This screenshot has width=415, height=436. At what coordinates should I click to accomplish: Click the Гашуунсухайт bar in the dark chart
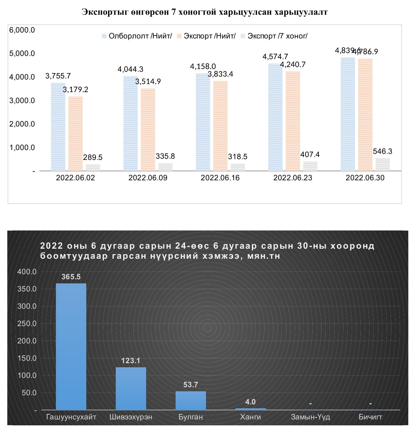71,347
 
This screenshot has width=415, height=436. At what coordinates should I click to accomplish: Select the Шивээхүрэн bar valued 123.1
131,389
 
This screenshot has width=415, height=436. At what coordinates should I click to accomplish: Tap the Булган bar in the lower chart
190,400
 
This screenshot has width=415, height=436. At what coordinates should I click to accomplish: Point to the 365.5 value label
71,277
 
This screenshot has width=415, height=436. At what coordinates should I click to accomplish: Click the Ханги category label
250,417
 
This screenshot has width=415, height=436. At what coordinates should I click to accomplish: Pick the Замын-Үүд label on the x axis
310,417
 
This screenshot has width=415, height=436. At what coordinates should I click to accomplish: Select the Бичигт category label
370,417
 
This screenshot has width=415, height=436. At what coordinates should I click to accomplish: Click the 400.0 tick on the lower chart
27,272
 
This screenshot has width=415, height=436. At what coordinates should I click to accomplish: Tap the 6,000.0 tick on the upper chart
22,30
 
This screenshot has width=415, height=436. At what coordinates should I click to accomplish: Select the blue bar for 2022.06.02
58,126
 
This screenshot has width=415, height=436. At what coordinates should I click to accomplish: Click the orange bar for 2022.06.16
220,126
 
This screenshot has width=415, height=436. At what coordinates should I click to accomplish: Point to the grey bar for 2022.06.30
382,164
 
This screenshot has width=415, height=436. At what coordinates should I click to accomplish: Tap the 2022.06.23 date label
293,178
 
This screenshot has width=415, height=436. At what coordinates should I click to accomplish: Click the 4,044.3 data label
130,69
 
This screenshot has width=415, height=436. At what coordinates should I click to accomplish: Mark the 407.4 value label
310,154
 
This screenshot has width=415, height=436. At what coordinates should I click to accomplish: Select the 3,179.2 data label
75,89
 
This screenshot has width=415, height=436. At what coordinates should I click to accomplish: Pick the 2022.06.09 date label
148,178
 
